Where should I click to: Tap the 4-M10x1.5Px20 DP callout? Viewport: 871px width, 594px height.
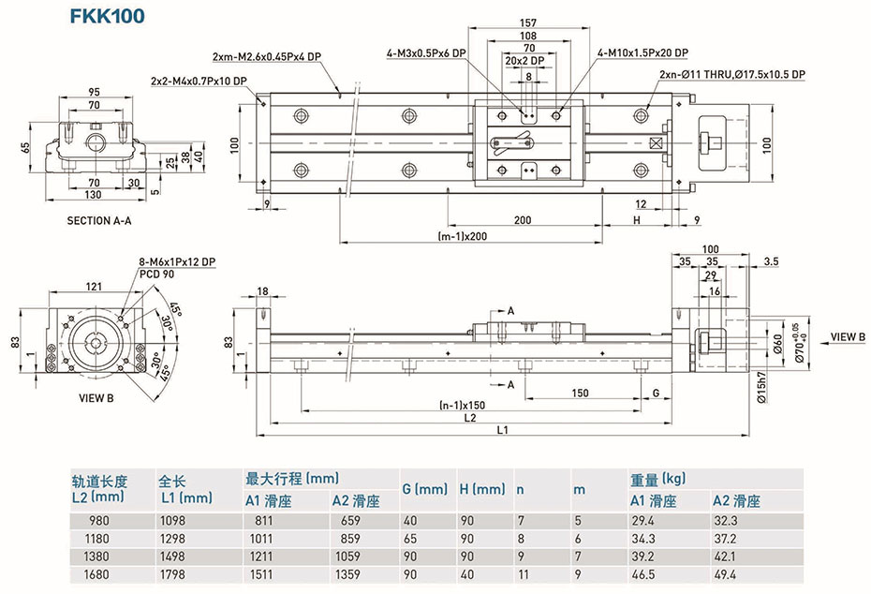click(642, 52)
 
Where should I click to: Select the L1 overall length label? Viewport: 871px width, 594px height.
click(502, 430)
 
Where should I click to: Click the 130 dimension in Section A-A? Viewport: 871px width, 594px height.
click(93, 194)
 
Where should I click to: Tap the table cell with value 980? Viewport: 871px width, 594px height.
click(97, 521)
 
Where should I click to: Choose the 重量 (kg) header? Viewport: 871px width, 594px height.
click(661, 479)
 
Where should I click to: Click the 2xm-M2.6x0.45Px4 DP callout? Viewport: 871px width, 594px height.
click(267, 56)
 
